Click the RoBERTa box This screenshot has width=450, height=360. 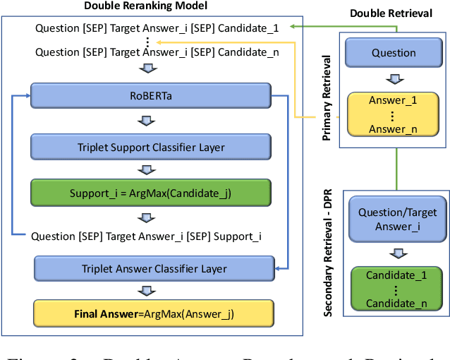[150, 94]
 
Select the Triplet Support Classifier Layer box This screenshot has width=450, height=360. [150, 148]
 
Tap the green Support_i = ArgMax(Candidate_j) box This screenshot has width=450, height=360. [150, 192]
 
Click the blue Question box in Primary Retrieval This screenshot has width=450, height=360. [394, 53]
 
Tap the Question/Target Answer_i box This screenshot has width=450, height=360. [397, 219]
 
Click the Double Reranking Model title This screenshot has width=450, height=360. [145, 6]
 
